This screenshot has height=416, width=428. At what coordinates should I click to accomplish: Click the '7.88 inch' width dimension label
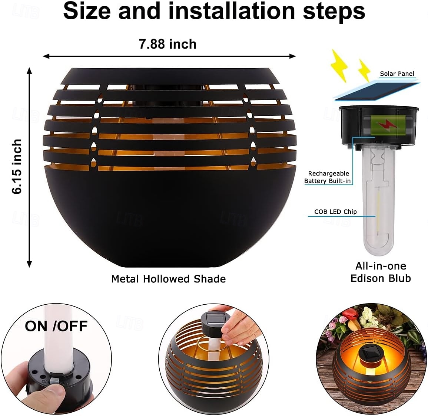coord(167,44)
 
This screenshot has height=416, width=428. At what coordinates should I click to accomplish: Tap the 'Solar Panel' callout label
coord(397,73)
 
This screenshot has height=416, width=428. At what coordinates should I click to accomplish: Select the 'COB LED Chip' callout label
coord(335,212)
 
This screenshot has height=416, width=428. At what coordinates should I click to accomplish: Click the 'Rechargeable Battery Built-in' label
coord(328,177)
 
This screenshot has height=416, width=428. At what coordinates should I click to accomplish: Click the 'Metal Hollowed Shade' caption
coord(168,279)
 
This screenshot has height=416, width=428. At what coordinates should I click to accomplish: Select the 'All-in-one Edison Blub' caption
coord(381,272)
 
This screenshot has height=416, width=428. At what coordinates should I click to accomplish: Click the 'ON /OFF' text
coord(56,326)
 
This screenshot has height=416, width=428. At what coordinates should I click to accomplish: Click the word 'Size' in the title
coord(87,11)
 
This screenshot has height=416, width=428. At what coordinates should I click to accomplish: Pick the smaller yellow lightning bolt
coord(364,71)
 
